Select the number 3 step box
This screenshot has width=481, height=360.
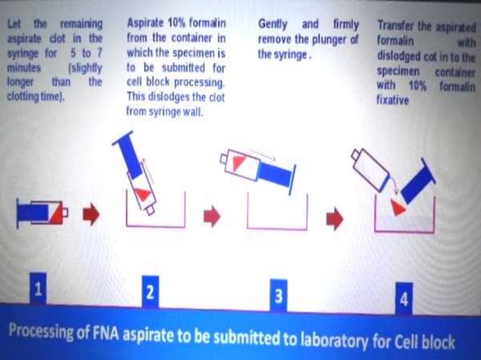[278, 296]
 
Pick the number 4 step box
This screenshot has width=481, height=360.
[404, 299]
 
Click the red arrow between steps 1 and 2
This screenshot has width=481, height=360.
[91, 216]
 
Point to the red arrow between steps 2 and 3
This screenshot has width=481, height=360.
[213, 217]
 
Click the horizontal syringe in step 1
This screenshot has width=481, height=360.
[41, 214]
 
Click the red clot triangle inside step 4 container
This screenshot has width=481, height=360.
[398, 207]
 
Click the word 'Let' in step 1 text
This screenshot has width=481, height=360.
[15, 24]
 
